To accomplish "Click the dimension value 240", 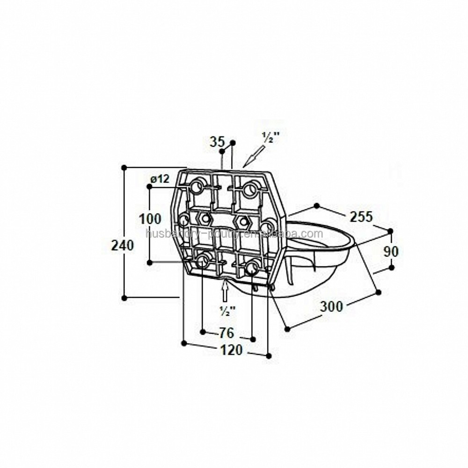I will [x=123, y=245].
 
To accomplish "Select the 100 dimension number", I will [x=150, y=219].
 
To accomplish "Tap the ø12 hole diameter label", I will [x=160, y=178].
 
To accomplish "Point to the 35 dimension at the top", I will [x=217, y=142].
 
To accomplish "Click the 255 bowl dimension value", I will [x=361, y=217].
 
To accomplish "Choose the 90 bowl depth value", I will [x=391, y=251].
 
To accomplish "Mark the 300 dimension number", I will [x=331, y=307].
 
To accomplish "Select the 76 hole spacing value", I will [x=227, y=333].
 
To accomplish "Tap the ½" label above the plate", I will [x=270, y=138].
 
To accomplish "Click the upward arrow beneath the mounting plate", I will [x=225, y=290].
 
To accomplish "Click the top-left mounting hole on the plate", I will [x=197, y=188].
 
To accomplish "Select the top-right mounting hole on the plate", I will [x=250, y=190].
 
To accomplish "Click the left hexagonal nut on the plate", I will [x=205, y=218].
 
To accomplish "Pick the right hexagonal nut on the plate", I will [x=241, y=221].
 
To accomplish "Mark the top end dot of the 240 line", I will [x=124, y=168].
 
